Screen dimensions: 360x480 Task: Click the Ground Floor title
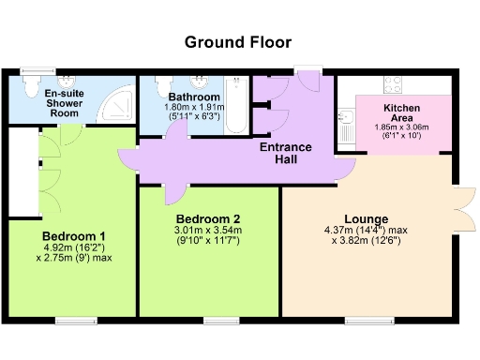click(237, 42)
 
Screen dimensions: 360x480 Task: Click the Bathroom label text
click(195, 97)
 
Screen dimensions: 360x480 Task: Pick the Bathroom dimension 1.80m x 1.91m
click(195, 107)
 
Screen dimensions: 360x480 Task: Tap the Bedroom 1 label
click(73, 235)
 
